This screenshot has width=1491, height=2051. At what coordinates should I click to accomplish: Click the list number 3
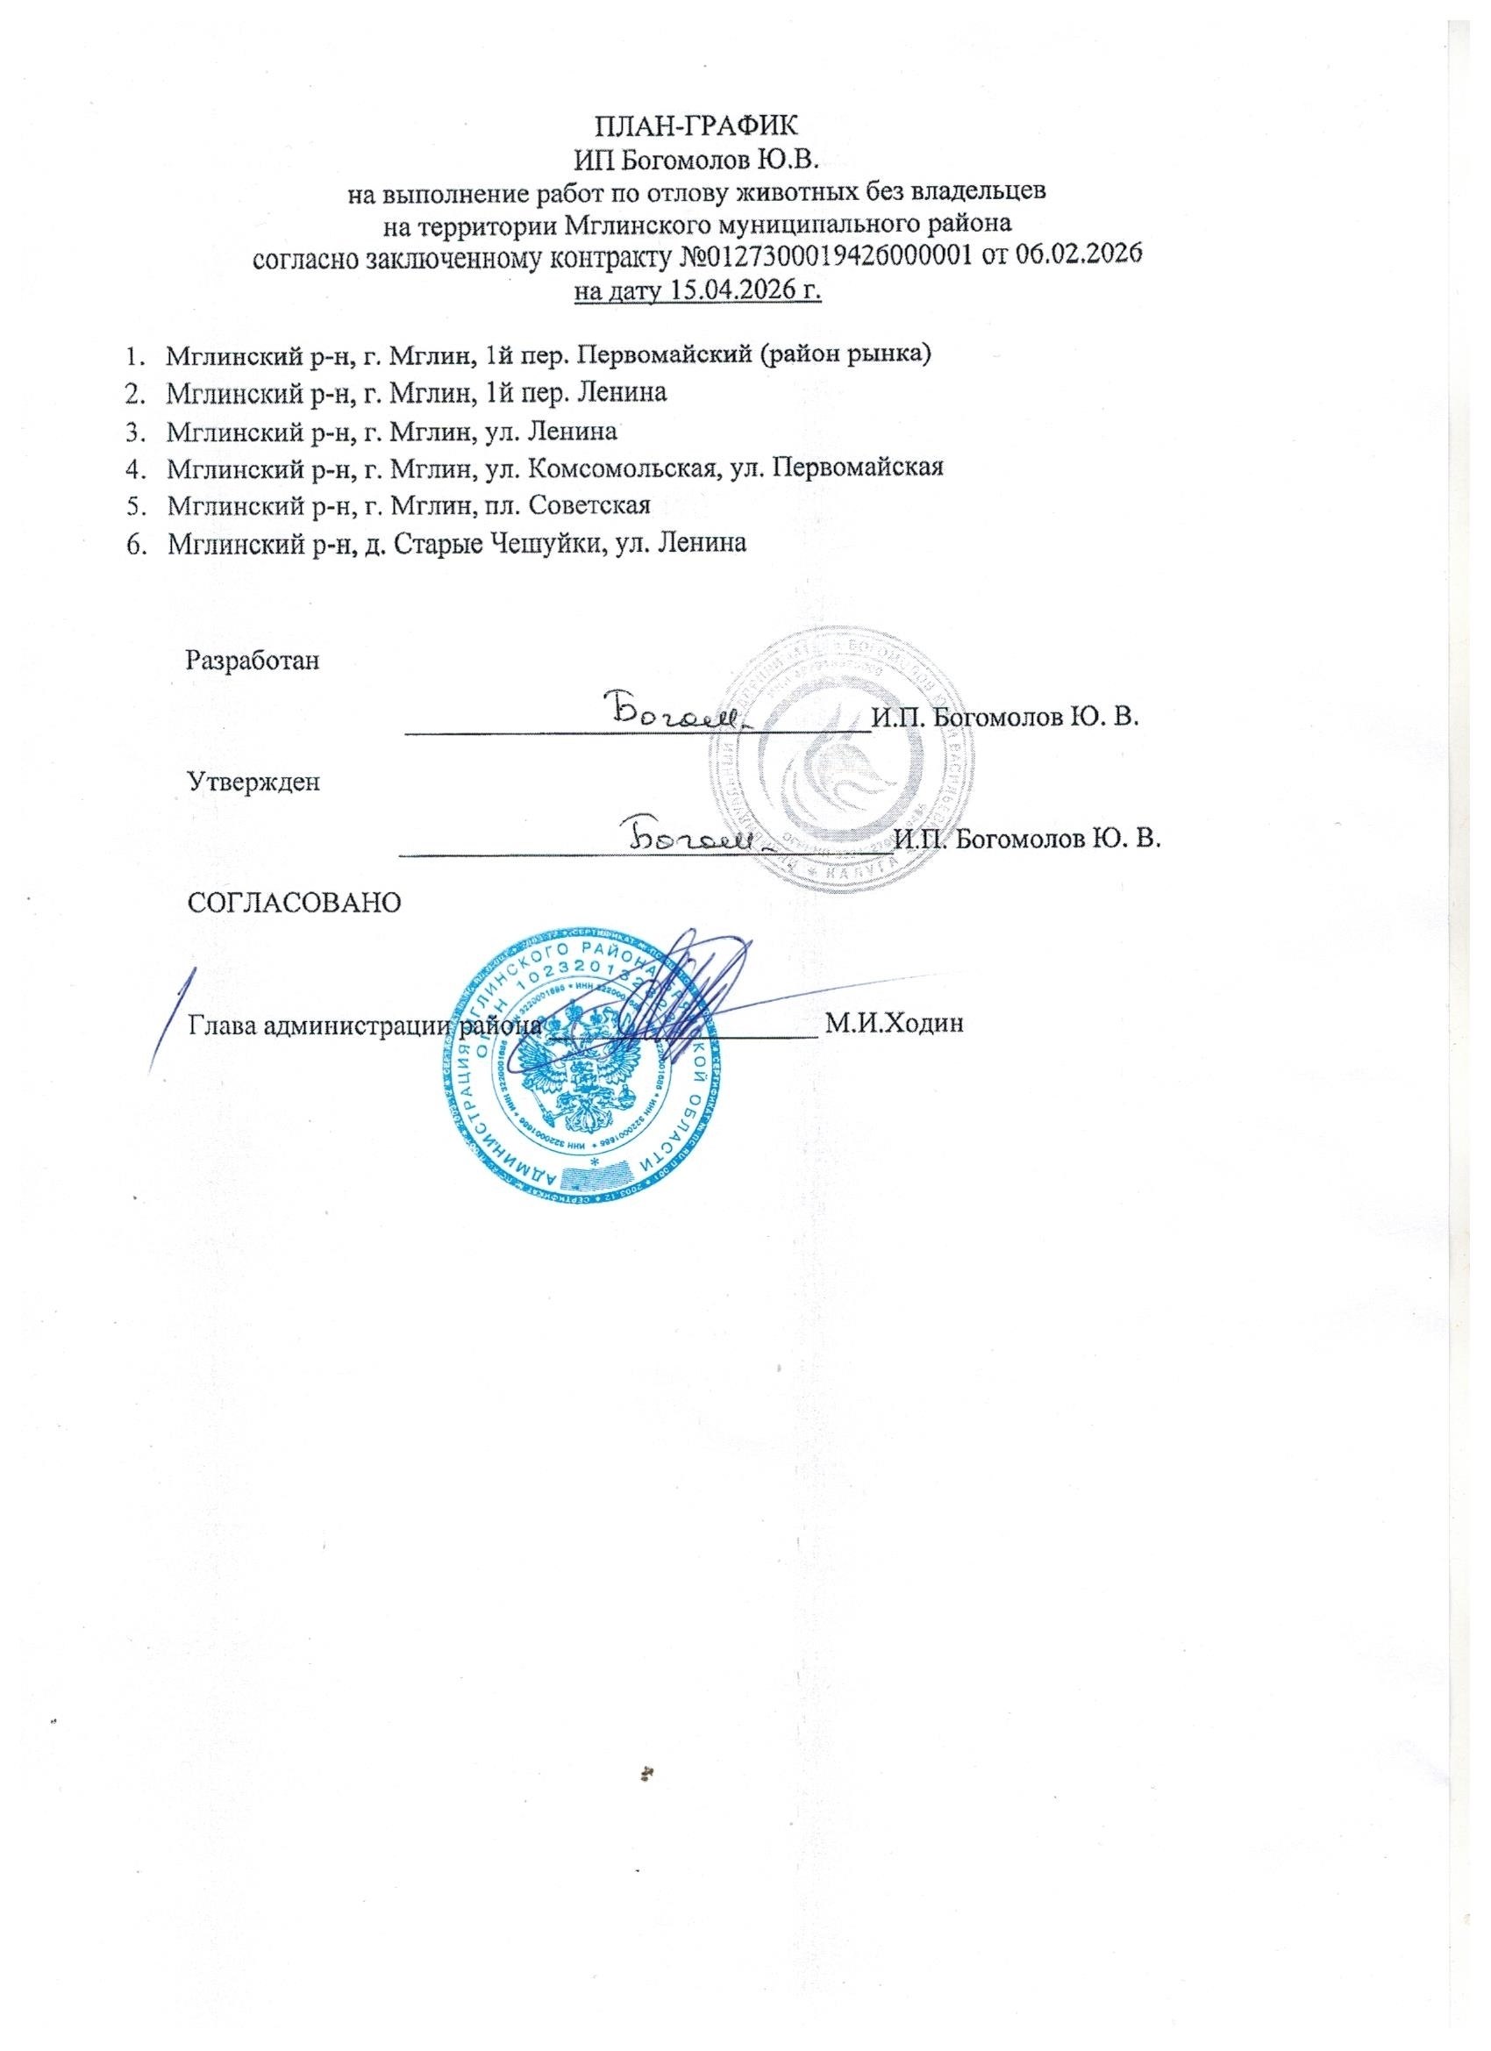pyautogui.click(x=133, y=432)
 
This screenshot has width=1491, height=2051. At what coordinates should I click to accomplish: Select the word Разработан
pyautogui.click(x=253, y=661)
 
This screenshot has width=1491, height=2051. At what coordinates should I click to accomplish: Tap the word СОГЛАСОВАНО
pyautogui.click(x=293, y=902)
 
